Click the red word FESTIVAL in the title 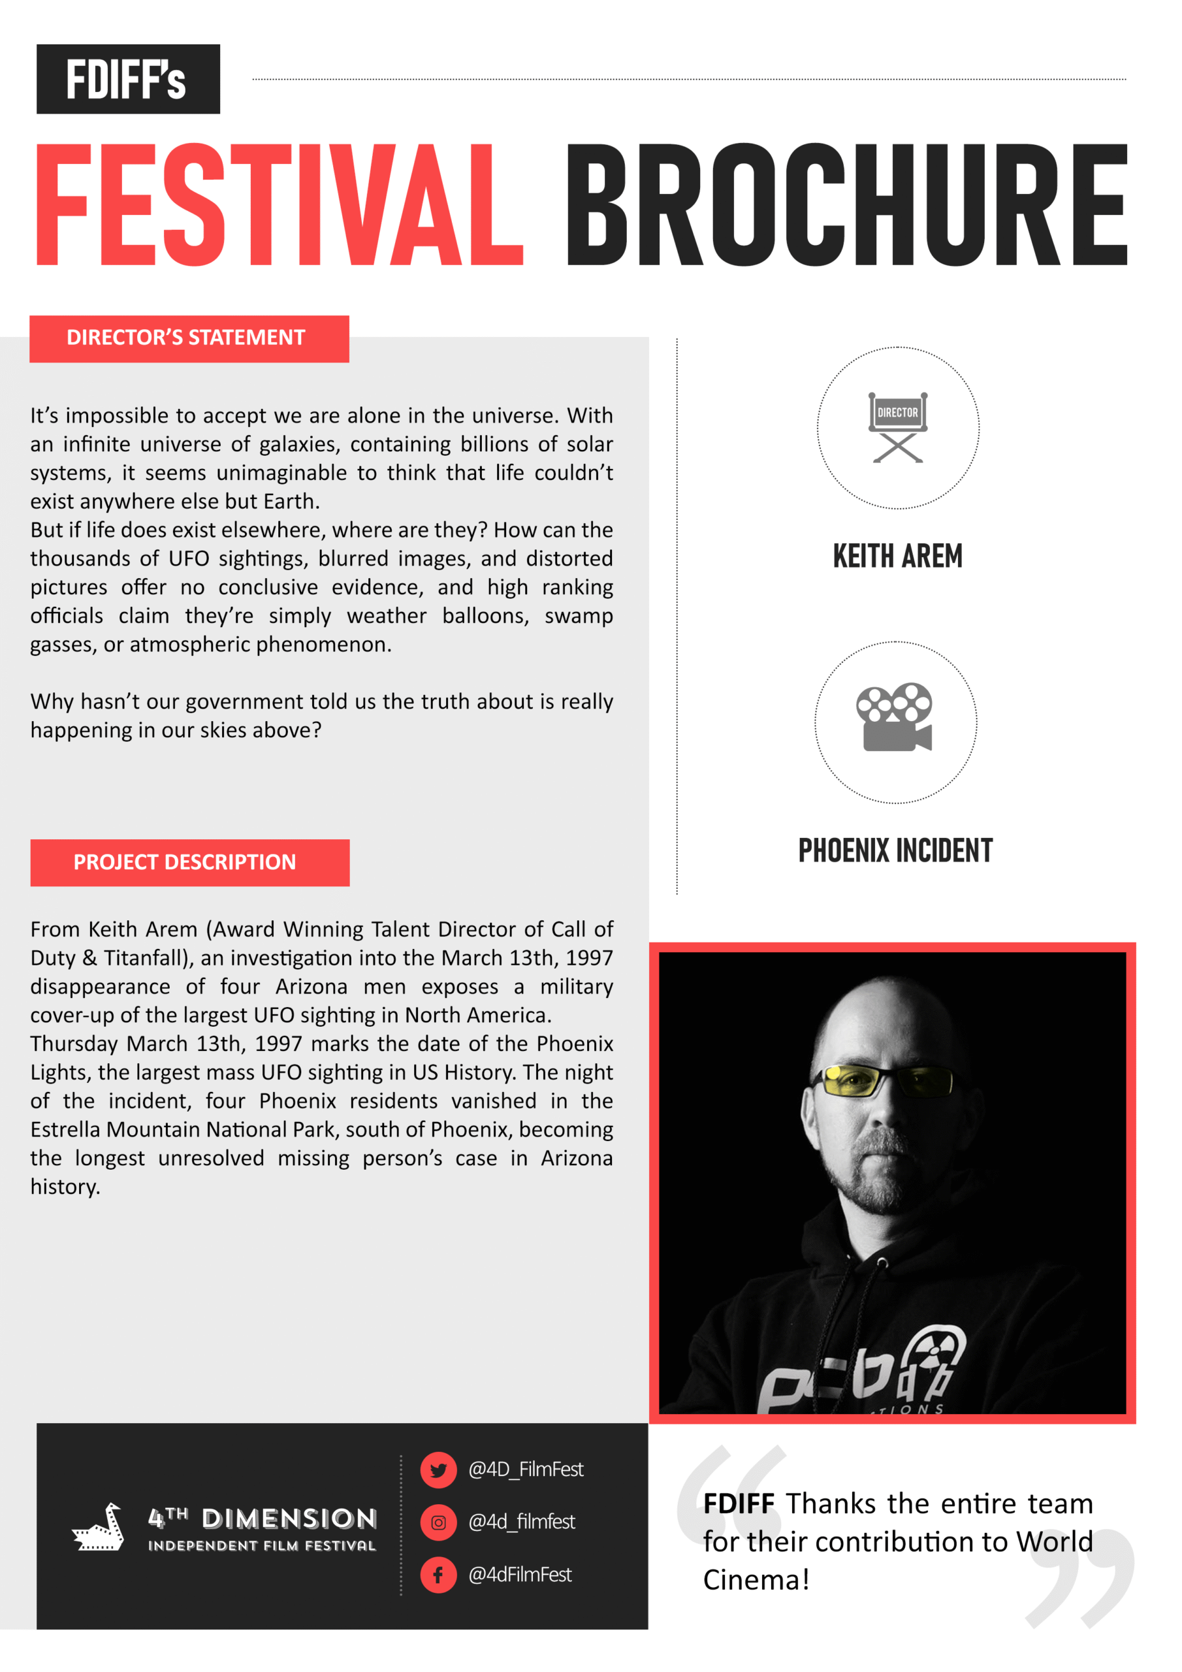[278, 204]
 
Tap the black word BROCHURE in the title [847, 204]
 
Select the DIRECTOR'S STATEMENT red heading [189, 338]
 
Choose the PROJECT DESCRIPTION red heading [189, 862]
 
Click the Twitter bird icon [438, 1470]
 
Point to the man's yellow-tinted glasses [885, 1080]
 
